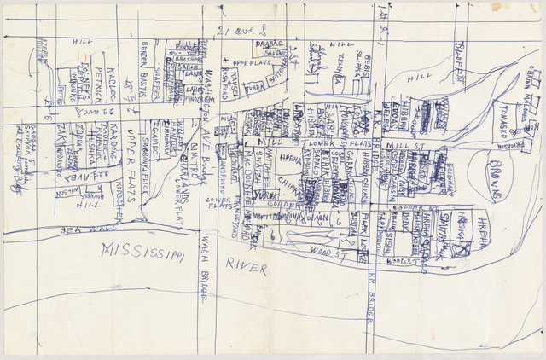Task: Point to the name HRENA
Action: [x=291, y=159]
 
